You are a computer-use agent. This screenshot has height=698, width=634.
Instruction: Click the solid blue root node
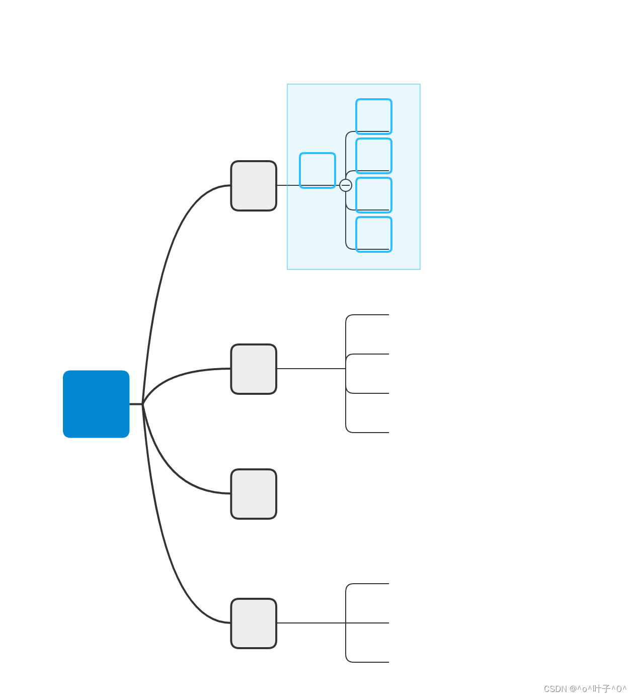[x=96, y=404]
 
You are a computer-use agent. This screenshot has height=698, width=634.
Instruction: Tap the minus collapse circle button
[x=346, y=185]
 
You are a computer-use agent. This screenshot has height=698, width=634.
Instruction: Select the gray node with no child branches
[x=254, y=494]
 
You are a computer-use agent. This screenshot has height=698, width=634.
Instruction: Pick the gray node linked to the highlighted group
[x=254, y=186]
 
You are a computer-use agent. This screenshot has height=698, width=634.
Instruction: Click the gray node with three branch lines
[x=254, y=623]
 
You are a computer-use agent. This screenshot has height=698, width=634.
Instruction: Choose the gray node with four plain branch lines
[x=254, y=369]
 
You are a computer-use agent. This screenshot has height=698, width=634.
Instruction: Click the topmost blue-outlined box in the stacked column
[x=374, y=116]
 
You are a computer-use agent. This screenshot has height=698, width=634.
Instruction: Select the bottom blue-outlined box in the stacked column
[x=374, y=234]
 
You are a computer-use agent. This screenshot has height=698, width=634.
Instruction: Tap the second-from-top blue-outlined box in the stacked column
[x=374, y=156]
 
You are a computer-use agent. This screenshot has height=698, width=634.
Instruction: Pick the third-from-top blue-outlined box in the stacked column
[x=374, y=195]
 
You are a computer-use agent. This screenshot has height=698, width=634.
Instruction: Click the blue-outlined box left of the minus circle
[x=318, y=170]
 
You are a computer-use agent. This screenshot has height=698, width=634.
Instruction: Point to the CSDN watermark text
[x=585, y=688]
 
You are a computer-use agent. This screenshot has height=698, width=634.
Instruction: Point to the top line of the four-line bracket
[x=370, y=315]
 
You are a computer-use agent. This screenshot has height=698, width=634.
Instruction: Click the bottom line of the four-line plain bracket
[x=370, y=433]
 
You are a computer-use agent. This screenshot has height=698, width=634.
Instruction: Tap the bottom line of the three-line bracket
[x=370, y=662]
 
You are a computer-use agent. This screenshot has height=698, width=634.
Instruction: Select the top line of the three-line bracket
[x=370, y=584]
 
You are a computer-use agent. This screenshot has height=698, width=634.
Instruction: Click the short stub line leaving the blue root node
[x=136, y=404]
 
